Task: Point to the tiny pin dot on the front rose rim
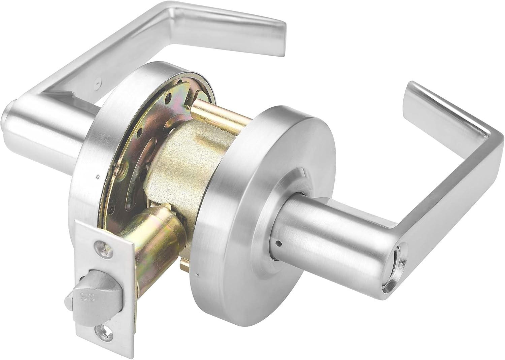197,273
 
